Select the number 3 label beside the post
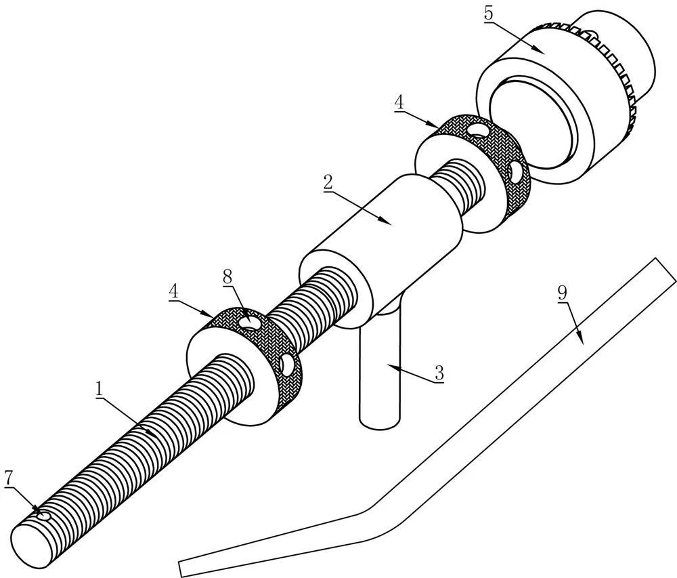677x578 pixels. pyautogui.click(x=439, y=373)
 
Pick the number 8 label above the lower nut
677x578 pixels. pyautogui.click(x=227, y=276)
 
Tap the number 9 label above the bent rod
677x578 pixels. pyautogui.click(x=562, y=293)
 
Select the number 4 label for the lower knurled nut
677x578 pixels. pyautogui.click(x=174, y=290)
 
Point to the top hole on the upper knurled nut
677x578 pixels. pyautogui.click(x=479, y=129)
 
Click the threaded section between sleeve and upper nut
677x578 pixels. pyautogui.click(x=460, y=186)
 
